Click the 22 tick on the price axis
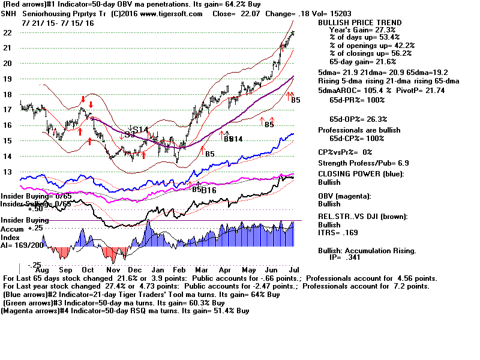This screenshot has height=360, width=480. coord(8,32)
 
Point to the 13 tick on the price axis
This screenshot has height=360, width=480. coord(8,172)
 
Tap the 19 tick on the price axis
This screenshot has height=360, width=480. coord(8,79)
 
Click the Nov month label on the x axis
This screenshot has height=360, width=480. coord(112,271)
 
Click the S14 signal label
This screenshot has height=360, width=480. coord(140,130)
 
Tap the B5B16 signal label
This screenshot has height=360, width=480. coord(204,190)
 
